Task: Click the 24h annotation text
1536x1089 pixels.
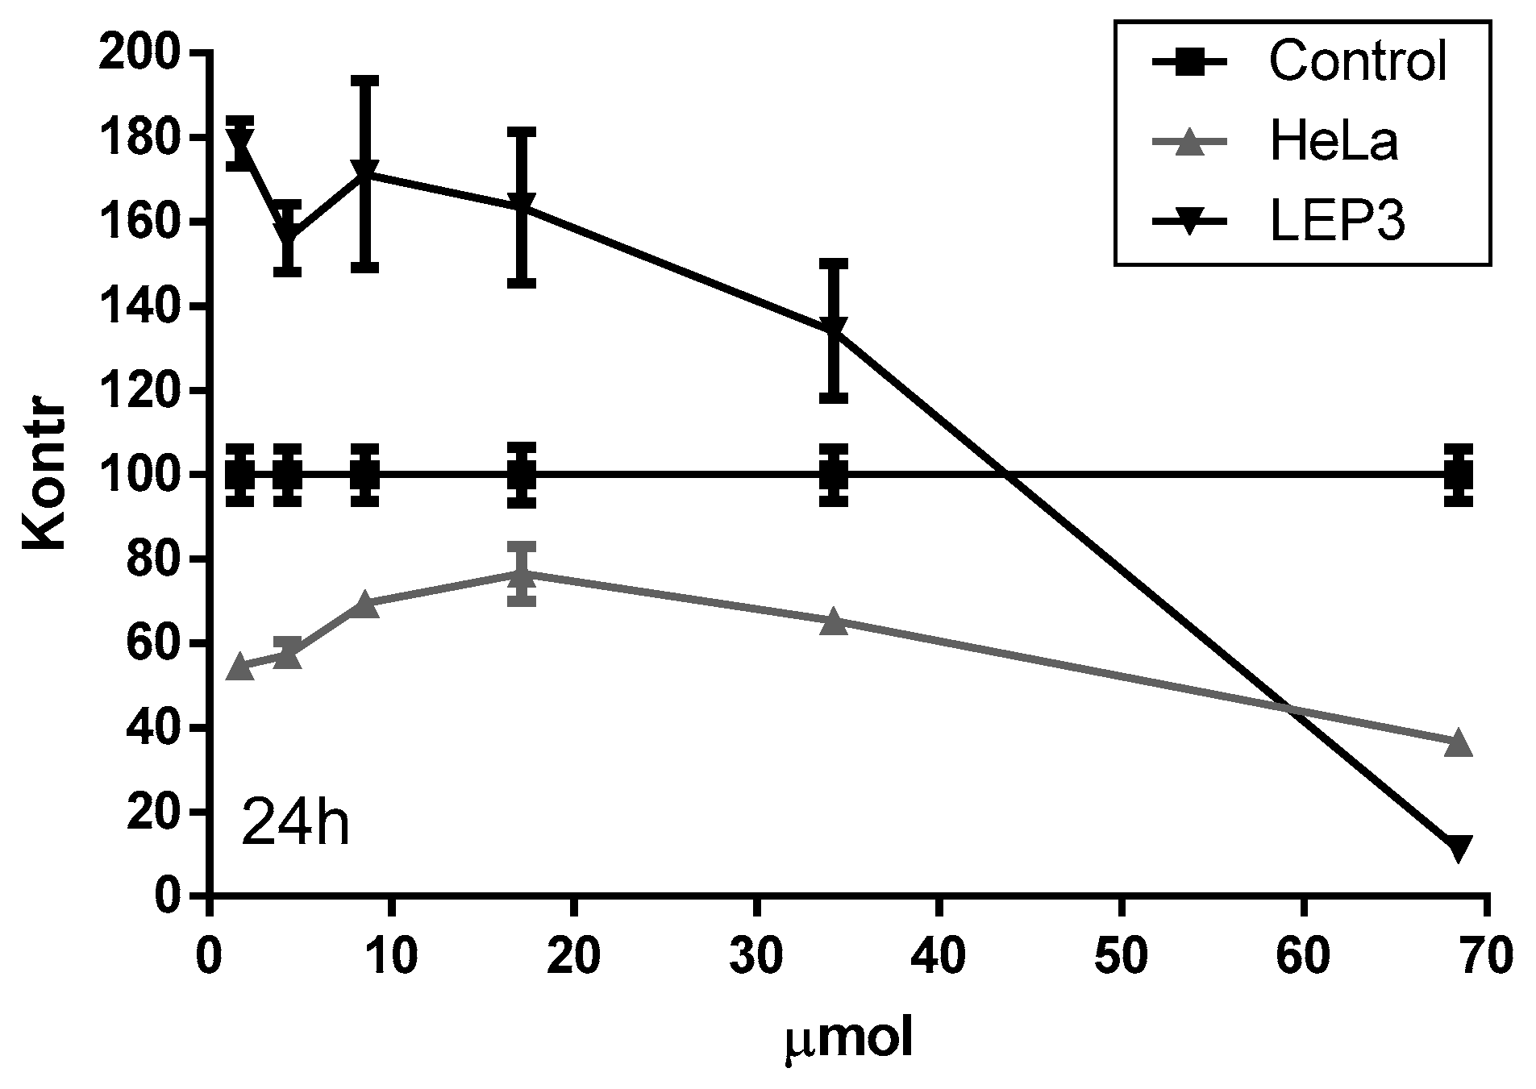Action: click(x=295, y=823)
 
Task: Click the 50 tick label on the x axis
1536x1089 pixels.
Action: click(x=1122, y=959)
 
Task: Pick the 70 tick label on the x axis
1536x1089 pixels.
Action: click(x=1485, y=959)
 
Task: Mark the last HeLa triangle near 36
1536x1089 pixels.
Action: click(x=1459, y=743)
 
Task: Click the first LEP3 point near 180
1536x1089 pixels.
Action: click(x=240, y=143)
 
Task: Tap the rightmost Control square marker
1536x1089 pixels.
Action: click(x=1459, y=475)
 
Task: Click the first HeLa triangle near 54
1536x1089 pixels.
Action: click(x=240, y=667)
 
